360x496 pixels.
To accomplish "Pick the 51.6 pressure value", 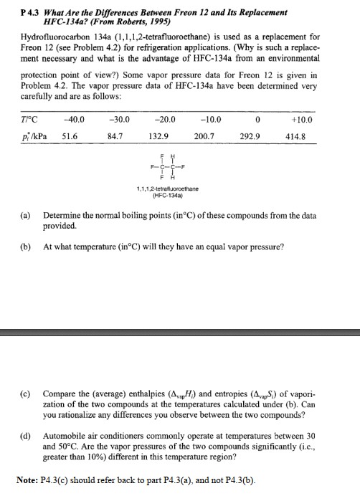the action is point(71,135).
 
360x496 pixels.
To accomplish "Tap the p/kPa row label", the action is point(33,135).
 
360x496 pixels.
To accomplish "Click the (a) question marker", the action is point(25,216).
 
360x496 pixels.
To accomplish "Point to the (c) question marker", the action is point(26,394).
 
